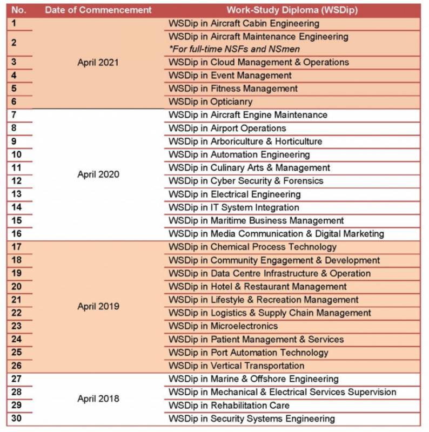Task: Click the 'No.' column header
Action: (19, 10)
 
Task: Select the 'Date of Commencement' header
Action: (98, 10)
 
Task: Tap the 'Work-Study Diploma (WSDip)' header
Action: (292, 10)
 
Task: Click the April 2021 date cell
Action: (98, 62)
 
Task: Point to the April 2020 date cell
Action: (98, 174)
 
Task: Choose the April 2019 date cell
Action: (98, 306)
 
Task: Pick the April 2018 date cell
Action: (98, 399)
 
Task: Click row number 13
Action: (17, 194)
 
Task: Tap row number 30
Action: (17, 418)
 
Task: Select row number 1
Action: (14, 23)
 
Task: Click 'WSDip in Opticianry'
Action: (210, 102)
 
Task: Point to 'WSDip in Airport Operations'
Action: (227, 128)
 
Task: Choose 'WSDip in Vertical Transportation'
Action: (236, 366)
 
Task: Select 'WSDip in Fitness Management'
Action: (233, 89)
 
